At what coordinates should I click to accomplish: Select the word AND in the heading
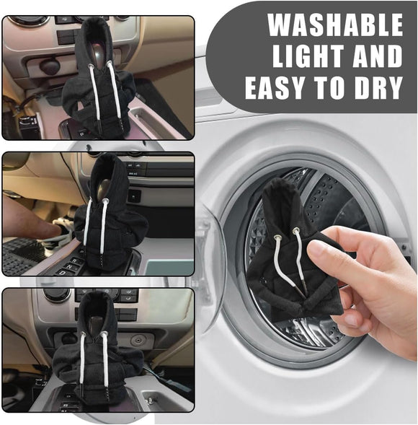pyautogui.click(x=378, y=56)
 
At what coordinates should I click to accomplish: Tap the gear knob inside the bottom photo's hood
pyautogui.click(x=94, y=325)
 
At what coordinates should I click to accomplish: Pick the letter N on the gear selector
pyautogui.click(x=68, y=267)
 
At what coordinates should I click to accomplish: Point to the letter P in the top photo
pyautogui.click(x=81, y=133)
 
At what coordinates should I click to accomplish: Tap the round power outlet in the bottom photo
pyautogui.click(x=137, y=340)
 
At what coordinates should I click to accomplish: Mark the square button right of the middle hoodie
pyautogui.click(x=134, y=196)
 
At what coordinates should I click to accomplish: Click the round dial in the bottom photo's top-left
pyautogui.click(x=56, y=294)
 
